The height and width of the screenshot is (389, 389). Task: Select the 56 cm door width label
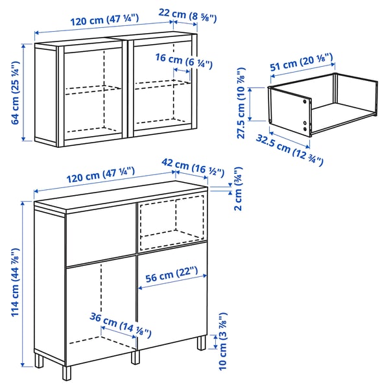click(171, 273)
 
